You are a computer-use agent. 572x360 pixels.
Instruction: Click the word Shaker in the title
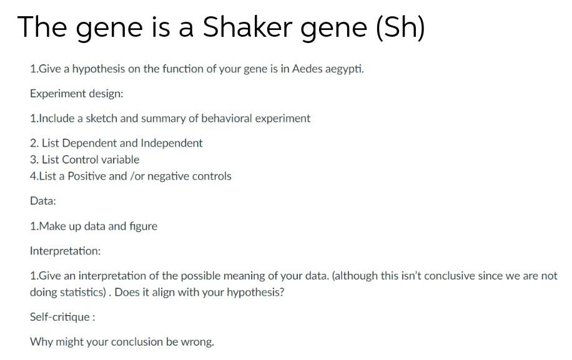[243, 27]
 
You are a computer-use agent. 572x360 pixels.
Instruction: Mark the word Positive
[87, 176]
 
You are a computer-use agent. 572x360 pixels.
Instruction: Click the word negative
[170, 176]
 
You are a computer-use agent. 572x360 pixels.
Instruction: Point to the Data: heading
[43, 201]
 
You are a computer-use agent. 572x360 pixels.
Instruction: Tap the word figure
[142, 226]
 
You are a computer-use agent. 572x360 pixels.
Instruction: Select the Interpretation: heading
[65, 251]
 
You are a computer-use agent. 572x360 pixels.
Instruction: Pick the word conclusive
[454, 276]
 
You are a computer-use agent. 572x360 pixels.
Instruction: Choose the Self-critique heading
[61, 317]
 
